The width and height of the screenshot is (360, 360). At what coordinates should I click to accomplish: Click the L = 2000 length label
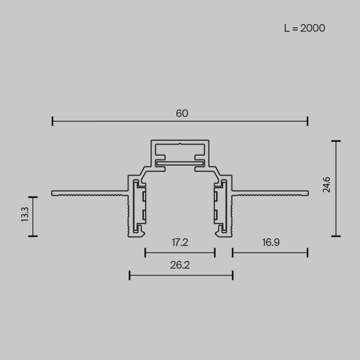point(304,28)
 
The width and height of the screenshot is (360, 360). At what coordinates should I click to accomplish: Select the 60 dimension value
point(182,114)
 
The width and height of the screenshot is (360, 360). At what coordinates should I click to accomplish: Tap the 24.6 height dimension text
point(327,184)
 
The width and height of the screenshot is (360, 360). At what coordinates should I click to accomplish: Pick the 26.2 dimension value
point(179,265)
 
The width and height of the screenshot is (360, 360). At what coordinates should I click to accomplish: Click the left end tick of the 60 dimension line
point(53,121)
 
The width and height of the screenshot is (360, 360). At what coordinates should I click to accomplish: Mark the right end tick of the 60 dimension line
point(308,121)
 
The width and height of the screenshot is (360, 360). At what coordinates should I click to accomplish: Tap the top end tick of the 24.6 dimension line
point(336,141)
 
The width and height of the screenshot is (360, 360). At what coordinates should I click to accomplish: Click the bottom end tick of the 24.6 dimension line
point(336,236)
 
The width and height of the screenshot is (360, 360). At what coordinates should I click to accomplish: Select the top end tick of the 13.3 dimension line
point(33,197)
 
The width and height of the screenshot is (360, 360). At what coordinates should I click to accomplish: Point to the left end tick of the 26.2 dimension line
point(130,276)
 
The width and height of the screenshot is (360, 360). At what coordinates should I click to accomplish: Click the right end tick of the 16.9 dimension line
point(308,252)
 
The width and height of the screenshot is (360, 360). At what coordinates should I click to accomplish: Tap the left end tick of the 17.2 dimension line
point(146,252)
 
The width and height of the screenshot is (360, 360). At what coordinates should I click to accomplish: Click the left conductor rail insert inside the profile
point(139,208)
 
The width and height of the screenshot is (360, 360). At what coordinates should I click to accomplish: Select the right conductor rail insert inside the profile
point(220,208)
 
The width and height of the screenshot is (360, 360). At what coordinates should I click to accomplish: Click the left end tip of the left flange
point(53,193)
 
